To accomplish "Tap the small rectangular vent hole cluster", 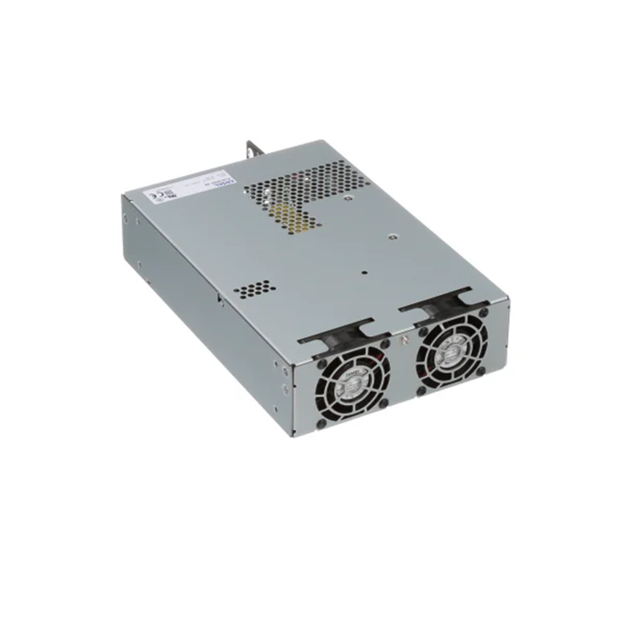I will [254, 289].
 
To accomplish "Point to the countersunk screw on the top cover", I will [392, 237].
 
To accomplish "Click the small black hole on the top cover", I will [363, 272].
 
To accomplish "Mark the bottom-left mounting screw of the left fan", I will [322, 424].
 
